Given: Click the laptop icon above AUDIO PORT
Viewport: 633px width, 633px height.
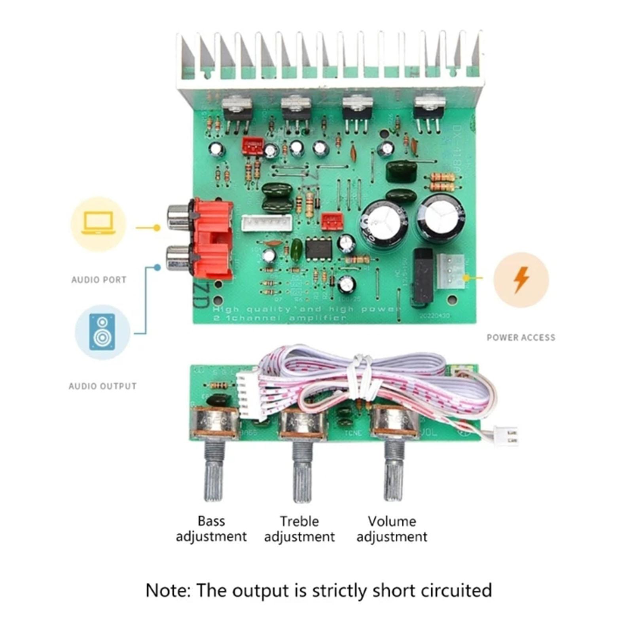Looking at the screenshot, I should [x=98, y=224].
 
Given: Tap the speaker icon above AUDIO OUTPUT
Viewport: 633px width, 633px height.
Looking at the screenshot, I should [x=102, y=332].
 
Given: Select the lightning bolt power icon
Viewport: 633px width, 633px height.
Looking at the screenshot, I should [x=521, y=280].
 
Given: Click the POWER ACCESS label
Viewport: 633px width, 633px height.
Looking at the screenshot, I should [x=521, y=337].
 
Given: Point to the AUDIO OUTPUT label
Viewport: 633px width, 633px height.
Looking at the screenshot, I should [x=102, y=386].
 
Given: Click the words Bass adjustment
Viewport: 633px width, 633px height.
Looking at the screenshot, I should [x=211, y=529].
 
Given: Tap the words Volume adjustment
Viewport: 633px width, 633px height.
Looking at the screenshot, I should [x=392, y=529].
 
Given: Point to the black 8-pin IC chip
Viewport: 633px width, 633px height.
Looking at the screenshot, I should [x=319, y=248].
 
